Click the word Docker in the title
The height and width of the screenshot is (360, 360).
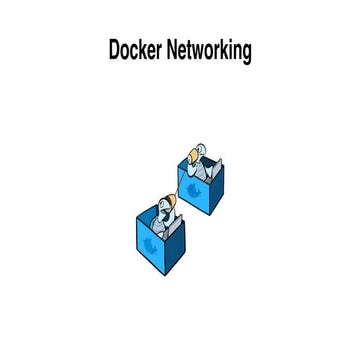click(138, 51)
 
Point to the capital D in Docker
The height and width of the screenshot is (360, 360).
click(115, 51)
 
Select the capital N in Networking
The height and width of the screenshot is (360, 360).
click(176, 51)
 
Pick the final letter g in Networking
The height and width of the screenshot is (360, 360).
click(246, 54)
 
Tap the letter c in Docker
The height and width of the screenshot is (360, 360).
click(138, 52)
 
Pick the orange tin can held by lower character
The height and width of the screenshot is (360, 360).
click(175, 205)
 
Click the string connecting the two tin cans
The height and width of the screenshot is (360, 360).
click(184, 180)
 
